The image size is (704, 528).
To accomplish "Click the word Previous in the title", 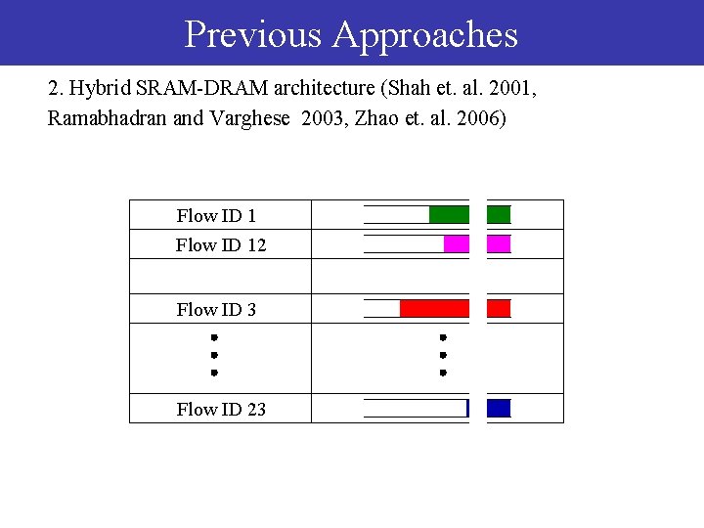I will pos(252,34).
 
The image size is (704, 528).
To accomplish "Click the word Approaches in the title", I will pos(424,36).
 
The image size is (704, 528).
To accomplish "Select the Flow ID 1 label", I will pos(216,215).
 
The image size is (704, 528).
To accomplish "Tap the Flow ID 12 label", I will pos(221,244).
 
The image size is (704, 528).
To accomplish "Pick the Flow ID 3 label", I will pos(216,309).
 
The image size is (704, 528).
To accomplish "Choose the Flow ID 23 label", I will pos(221,409).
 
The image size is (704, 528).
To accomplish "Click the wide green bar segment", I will pos(449,215).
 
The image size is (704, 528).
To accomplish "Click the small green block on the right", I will pos(499,215).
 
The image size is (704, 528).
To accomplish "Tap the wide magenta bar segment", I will pos(456,244).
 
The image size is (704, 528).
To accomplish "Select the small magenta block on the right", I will pos(499,244).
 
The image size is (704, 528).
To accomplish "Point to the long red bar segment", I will pos(434,309).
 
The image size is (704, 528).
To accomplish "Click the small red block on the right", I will pos(499,309).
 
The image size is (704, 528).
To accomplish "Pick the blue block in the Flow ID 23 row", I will pos(499,409).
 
